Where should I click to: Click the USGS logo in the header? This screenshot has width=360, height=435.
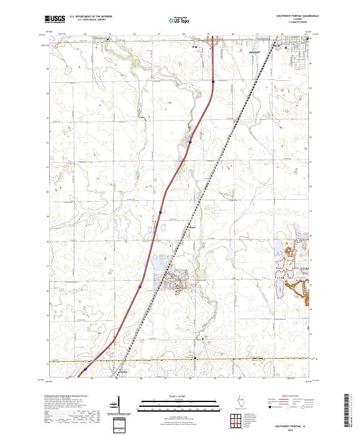54,19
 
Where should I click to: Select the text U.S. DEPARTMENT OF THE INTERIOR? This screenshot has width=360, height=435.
91,16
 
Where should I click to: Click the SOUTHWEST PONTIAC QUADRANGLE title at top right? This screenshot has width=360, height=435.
296,16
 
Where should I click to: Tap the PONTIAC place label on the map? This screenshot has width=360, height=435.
254,52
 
